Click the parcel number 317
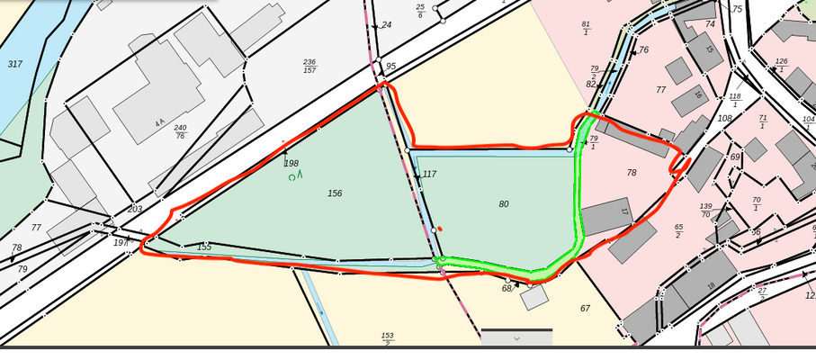pos(14,64)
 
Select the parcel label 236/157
pos(309,66)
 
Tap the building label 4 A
pos(160,122)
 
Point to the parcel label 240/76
pos(180,131)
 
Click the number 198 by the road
pos(291,164)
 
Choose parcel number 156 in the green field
pos(335,193)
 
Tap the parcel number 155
pos(204,247)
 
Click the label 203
pos(135,210)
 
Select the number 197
pos(121,243)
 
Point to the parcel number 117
pos(429,175)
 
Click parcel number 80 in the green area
pos(504,204)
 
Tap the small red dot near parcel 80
pos(440,229)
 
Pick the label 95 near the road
pos(390,67)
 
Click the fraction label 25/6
pos(420,11)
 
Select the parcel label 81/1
pos(586,28)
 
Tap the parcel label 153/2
pos(388,338)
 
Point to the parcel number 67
pos(585,309)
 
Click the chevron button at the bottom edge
pos(516,338)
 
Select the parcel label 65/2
pos(677,231)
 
